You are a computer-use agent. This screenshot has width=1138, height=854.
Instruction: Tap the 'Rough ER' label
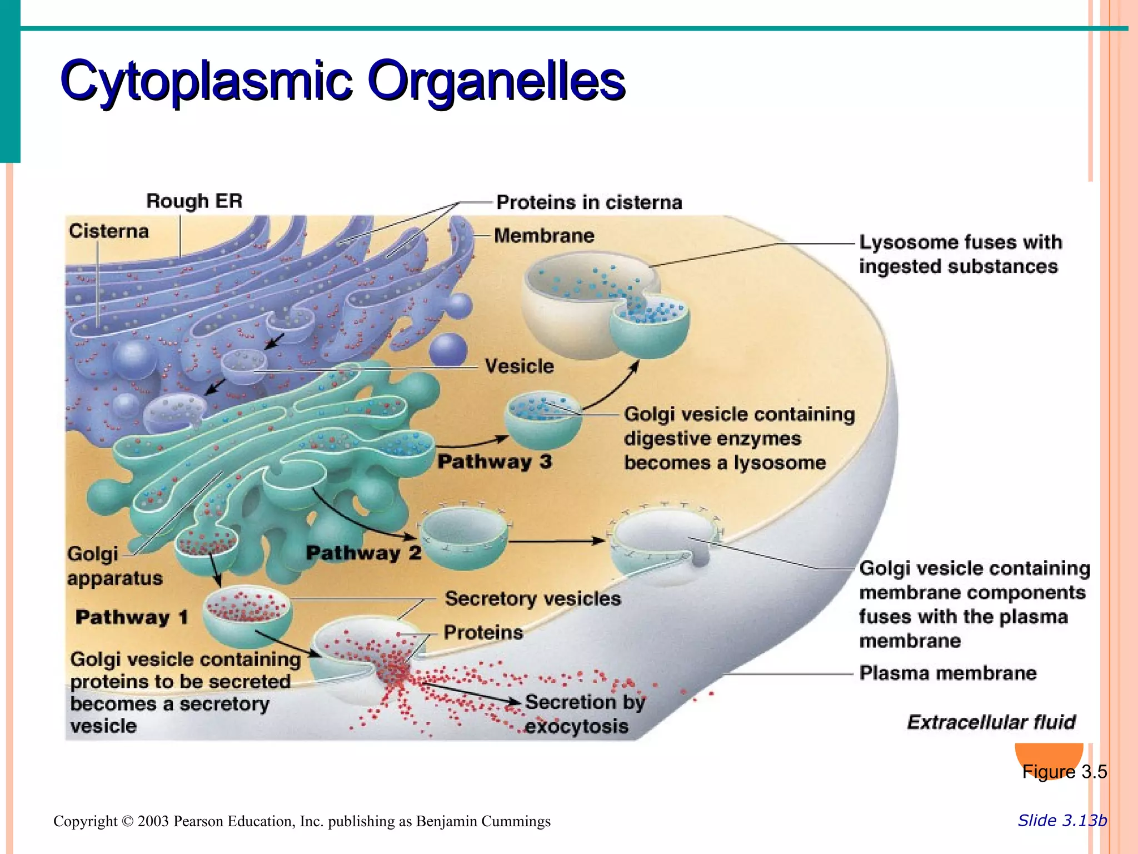[194, 201]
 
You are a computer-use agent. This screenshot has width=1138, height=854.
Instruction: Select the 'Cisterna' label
[109, 231]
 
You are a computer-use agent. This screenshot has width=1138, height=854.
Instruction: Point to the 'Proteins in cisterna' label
[589, 202]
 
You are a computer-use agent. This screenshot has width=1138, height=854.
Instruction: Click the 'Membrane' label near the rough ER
[544, 236]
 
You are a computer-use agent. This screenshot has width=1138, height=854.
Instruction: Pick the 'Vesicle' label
[519, 366]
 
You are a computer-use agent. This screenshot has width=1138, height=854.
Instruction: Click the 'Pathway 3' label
[495, 461]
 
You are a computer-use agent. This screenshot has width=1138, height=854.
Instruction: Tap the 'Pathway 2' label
[363, 553]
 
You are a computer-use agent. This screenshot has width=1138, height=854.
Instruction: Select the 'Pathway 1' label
[132, 617]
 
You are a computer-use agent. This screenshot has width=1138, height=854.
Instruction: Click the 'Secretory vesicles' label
[532, 599]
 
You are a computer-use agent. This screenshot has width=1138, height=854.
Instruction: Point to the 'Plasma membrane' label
[947, 673]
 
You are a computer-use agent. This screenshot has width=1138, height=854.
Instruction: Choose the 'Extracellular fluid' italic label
[991, 722]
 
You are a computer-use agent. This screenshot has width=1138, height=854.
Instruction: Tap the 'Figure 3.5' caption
[1064, 772]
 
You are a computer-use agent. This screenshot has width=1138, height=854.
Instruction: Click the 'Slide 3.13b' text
[1062, 821]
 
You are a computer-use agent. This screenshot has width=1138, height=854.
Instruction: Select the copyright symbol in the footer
[128, 821]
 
